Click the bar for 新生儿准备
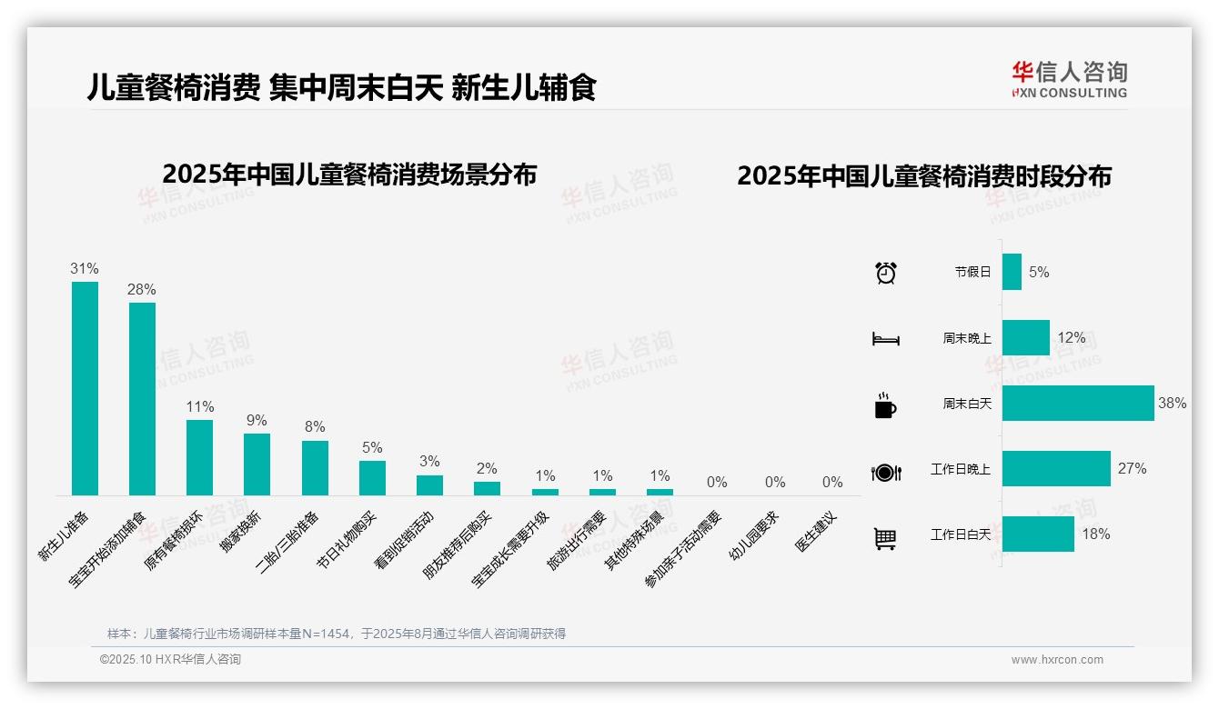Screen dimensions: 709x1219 point(86,388)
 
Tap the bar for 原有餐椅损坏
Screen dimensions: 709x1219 point(200,457)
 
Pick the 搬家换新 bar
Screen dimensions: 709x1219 point(257,464)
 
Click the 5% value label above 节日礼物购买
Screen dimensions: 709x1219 point(371,448)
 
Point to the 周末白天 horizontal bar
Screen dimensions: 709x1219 point(1078,403)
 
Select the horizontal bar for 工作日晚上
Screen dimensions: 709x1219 point(1056,469)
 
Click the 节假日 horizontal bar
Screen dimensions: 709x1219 point(1012,272)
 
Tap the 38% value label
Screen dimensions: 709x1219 point(1172,403)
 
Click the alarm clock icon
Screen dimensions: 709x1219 point(886,272)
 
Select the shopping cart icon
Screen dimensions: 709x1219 point(885,539)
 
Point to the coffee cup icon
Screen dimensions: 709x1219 point(885,405)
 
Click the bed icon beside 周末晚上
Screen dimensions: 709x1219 point(885,339)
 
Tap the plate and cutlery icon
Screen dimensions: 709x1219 point(886,473)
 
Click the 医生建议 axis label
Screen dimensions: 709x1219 point(816,533)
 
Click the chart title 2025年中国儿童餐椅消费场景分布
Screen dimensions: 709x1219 point(349,175)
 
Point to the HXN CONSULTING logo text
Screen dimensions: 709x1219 point(1070,93)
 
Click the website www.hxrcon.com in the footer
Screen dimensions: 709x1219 point(1057,660)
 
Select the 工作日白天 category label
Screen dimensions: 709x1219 point(961,534)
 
